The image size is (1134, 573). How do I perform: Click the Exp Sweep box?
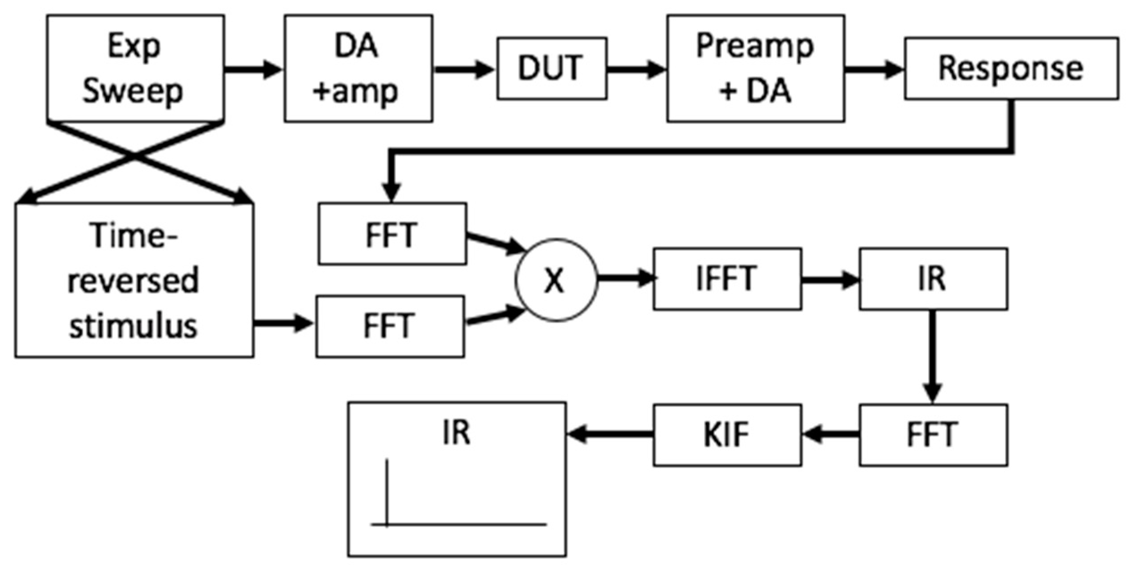(x=135, y=68)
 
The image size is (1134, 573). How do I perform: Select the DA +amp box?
(x=358, y=68)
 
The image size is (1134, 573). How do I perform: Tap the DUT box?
(x=552, y=68)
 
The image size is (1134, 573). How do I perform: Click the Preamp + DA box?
(x=755, y=68)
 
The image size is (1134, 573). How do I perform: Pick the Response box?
(x=1011, y=68)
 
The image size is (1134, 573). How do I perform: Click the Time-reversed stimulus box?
(x=134, y=280)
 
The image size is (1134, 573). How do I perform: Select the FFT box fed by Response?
(x=392, y=234)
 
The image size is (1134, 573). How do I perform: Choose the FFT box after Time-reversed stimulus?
(x=390, y=326)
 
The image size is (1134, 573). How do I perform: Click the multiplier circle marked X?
(x=556, y=280)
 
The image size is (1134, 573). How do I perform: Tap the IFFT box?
(x=727, y=279)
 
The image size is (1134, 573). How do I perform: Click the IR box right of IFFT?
(x=933, y=279)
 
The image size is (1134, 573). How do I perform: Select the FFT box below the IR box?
(x=933, y=435)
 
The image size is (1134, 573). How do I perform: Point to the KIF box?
(x=727, y=435)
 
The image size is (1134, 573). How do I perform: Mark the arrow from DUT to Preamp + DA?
(x=636, y=70)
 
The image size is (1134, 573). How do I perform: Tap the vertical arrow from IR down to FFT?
(x=933, y=357)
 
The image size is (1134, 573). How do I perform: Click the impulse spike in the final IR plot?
(x=387, y=491)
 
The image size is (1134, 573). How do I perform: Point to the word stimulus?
(x=133, y=327)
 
